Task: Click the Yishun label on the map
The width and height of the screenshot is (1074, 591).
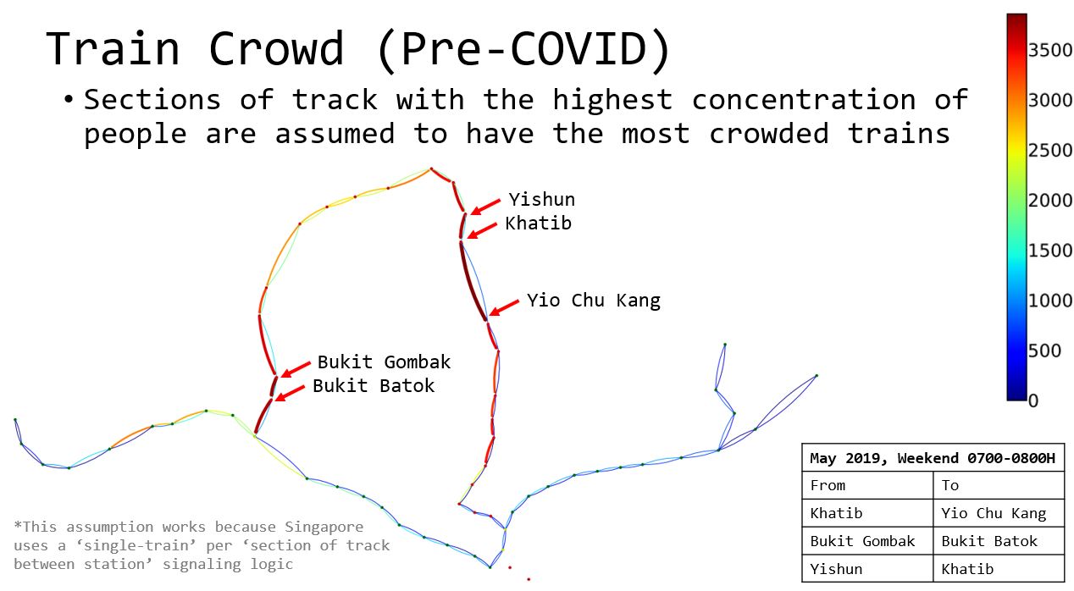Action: [x=542, y=199]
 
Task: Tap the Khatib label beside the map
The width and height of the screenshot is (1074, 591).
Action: [x=538, y=224]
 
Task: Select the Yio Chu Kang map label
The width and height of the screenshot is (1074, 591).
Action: [x=594, y=301]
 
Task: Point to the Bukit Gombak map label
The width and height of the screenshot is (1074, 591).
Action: [x=384, y=362]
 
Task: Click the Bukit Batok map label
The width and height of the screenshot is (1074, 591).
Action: [x=374, y=386]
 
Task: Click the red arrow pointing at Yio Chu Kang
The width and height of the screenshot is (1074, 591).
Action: [x=504, y=307]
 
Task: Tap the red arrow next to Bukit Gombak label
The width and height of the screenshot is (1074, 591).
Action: [x=296, y=369]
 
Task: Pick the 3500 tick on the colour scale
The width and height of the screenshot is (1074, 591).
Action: [x=1049, y=50]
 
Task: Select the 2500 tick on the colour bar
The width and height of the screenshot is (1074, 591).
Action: [x=1049, y=151]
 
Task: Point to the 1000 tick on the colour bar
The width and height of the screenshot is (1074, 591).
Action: [x=1049, y=301]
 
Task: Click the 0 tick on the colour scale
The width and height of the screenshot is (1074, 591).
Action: [x=1033, y=400]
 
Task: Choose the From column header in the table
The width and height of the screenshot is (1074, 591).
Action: [x=828, y=485]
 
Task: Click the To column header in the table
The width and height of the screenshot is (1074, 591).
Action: [x=949, y=485]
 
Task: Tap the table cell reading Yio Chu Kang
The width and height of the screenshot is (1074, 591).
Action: [x=994, y=513]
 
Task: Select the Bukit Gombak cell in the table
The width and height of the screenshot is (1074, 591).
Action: [x=862, y=541]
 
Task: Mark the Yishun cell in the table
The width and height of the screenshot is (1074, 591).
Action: [x=836, y=569]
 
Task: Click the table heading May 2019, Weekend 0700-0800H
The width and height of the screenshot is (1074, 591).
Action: [x=933, y=458]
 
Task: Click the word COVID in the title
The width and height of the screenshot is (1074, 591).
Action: [x=578, y=48]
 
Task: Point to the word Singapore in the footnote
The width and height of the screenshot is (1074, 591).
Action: [x=324, y=527]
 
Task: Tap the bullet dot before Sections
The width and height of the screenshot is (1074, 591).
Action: [x=69, y=100]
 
